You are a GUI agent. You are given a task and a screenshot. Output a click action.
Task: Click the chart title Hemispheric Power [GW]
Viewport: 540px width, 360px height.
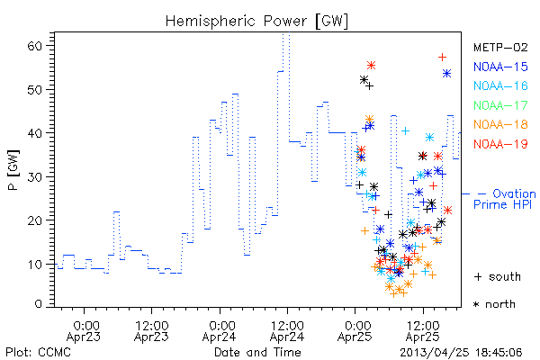[256, 21]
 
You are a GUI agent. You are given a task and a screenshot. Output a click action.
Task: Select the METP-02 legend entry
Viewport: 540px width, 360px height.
[500, 47]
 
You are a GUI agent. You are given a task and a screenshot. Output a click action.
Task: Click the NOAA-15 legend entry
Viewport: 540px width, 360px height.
[500, 67]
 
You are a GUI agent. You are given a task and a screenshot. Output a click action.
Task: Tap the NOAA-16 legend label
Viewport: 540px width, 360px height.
[500, 85]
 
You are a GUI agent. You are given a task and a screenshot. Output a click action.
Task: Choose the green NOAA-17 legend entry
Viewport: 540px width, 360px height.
[500, 105]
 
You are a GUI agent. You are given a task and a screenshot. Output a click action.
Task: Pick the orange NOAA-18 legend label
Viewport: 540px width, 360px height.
[500, 124]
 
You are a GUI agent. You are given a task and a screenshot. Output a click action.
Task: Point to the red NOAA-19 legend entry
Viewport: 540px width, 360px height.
[500, 144]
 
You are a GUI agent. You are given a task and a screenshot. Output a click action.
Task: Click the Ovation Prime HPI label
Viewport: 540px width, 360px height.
[504, 199]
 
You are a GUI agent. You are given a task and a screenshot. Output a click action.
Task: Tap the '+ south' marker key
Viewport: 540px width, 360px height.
[498, 276]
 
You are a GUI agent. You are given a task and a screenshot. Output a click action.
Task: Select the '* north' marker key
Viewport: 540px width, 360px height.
[494, 304]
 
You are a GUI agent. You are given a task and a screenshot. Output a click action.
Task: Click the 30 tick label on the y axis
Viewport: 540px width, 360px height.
[34, 176]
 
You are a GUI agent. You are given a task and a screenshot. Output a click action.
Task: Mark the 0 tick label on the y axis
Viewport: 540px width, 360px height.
[38, 304]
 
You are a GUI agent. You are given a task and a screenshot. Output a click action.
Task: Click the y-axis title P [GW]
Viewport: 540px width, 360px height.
[13, 170]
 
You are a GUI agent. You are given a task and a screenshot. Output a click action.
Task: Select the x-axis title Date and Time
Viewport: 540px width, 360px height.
[257, 352]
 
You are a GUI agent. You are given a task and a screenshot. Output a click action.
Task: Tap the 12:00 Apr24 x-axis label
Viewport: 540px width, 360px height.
[287, 331]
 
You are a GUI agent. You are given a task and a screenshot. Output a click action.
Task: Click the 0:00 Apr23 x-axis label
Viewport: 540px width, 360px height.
[84, 331]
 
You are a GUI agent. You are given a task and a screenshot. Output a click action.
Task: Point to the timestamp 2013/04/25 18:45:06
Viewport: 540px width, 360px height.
[461, 353]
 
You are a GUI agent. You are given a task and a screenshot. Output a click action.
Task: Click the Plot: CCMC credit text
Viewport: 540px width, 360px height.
[38, 352]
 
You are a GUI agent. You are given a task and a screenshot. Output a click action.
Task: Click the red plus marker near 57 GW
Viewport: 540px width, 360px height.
[442, 58]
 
